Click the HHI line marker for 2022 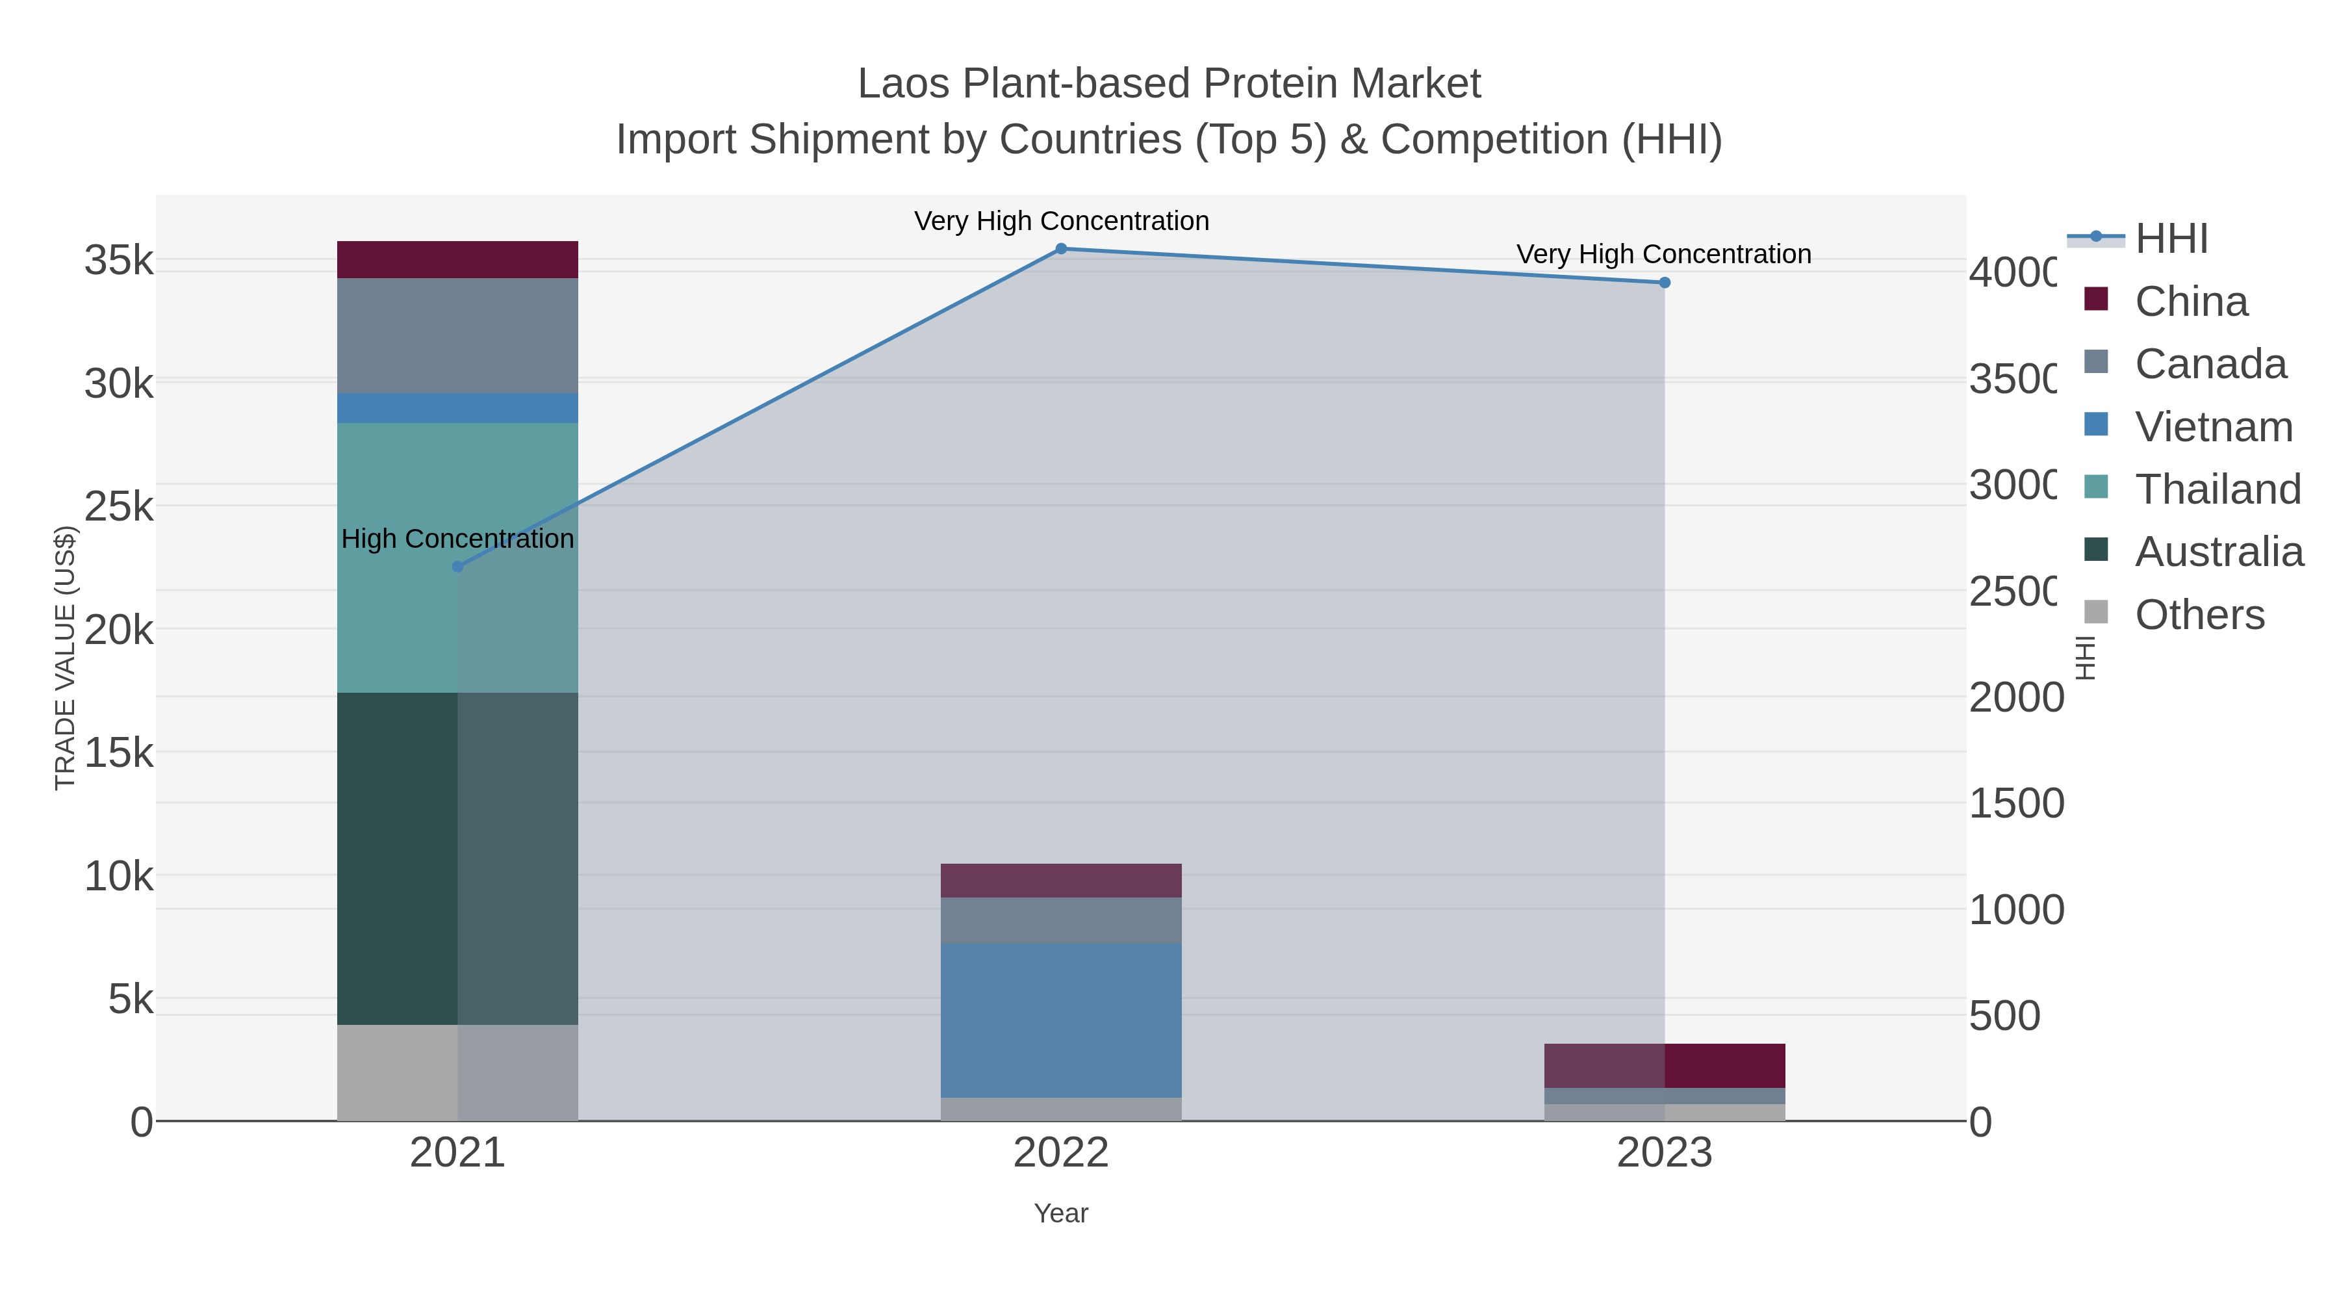(x=1060, y=248)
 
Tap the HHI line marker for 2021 (x=457, y=566)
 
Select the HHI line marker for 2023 (x=1665, y=283)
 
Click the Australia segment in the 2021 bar (x=457, y=858)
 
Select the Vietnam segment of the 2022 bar (x=1060, y=1020)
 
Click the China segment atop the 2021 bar (x=457, y=260)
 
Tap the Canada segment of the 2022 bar (x=1060, y=920)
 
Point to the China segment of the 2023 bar (x=1665, y=1065)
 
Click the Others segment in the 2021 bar (x=457, y=1072)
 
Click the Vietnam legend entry (x=2213, y=427)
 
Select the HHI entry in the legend (x=2170, y=239)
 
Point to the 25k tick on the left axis (x=119, y=507)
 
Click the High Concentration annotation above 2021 (x=457, y=539)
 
